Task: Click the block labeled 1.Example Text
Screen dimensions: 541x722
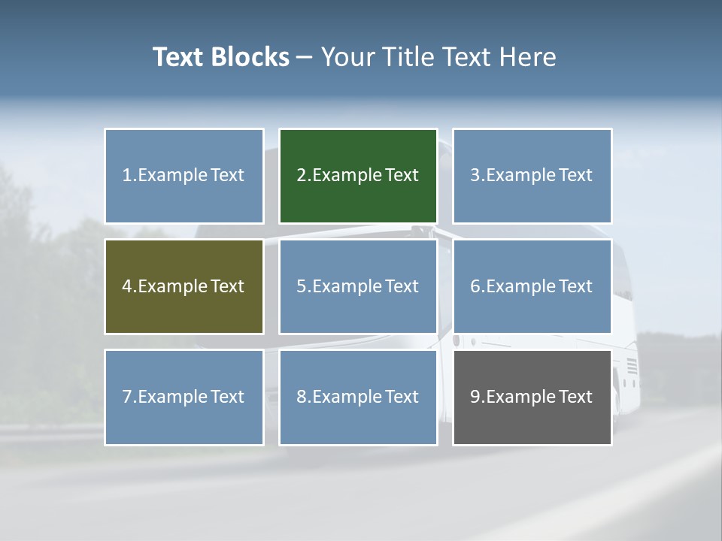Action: [x=184, y=176]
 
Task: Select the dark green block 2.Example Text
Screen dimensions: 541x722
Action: [x=358, y=176]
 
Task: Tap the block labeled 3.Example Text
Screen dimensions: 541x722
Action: [x=532, y=176]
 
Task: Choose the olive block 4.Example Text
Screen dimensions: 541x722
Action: [x=184, y=286]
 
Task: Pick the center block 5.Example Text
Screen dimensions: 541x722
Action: [x=358, y=286]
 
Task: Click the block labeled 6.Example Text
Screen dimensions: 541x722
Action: [x=532, y=286]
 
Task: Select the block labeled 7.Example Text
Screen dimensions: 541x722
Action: [x=184, y=397]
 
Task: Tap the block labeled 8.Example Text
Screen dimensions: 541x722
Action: [x=358, y=397]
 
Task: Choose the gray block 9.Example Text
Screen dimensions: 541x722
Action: [x=532, y=397]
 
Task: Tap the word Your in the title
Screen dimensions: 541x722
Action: [x=347, y=57]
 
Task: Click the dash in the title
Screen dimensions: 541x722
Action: [x=305, y=57]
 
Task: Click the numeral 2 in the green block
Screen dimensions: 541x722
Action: [x=301, y=176]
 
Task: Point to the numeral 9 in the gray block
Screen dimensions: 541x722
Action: [x=475, y=397]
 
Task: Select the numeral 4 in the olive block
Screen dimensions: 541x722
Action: [x=127, y=286]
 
